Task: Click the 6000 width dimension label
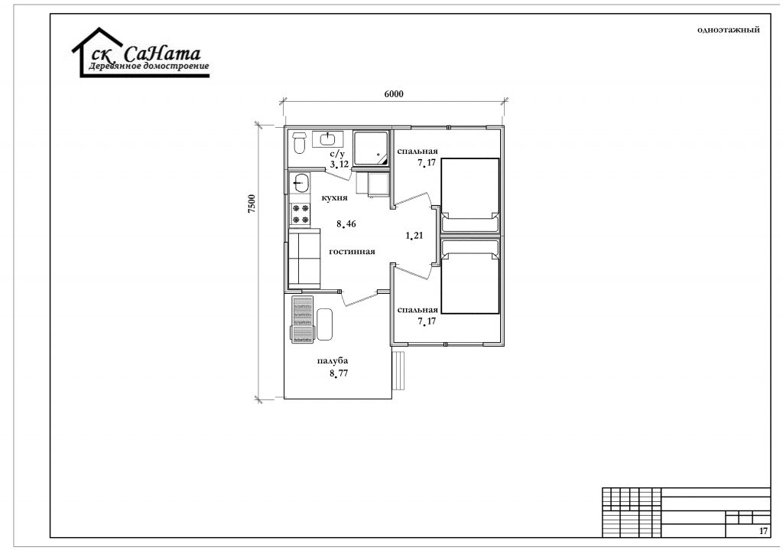[x=394, y=94]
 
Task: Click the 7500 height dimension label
[x=252, y=204]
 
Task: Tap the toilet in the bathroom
[x=299, y=142]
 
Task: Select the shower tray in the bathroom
[x=372, y=148]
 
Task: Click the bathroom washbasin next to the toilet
[x=327, y=138]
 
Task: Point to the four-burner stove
[x=300, y=214]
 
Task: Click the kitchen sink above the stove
[x=300, y=183]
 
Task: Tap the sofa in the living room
[x=304, y=259]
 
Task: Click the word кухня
[x=335, y=198]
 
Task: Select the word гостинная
[x=352, y=251]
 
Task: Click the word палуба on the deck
[x=332, y=360]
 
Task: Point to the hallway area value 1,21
[x=414, y=235]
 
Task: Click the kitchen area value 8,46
[x=346, y=223]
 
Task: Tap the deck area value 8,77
[x=339, y=373]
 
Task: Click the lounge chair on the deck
[x=302, y=319]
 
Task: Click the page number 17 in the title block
[x=763, y=531]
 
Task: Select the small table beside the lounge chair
[x=324, y=324]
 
